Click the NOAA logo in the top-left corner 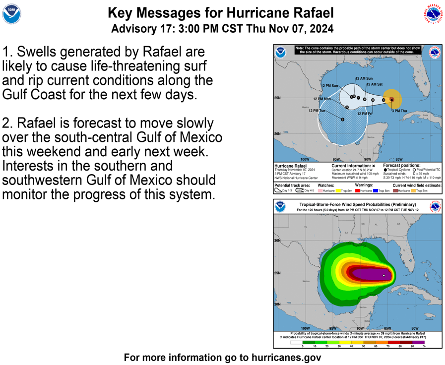tap(11, 15)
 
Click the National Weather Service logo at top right tap(433, 15)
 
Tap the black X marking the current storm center tap(391, 100)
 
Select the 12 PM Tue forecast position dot tap(342, 120)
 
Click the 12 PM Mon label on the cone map tap(321, 99)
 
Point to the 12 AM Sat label tap(375, 84)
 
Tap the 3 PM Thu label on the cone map tap(399, 111)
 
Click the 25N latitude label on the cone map tap(277, 98)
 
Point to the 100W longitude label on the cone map tap(304, 159)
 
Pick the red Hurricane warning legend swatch tap(357, 191)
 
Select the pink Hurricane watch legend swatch tap(320, 191)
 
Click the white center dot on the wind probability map tap(384, 275)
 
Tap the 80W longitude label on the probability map tap(415, 328)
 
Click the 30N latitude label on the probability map tap(277, 241)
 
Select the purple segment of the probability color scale tap(418, 342)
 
